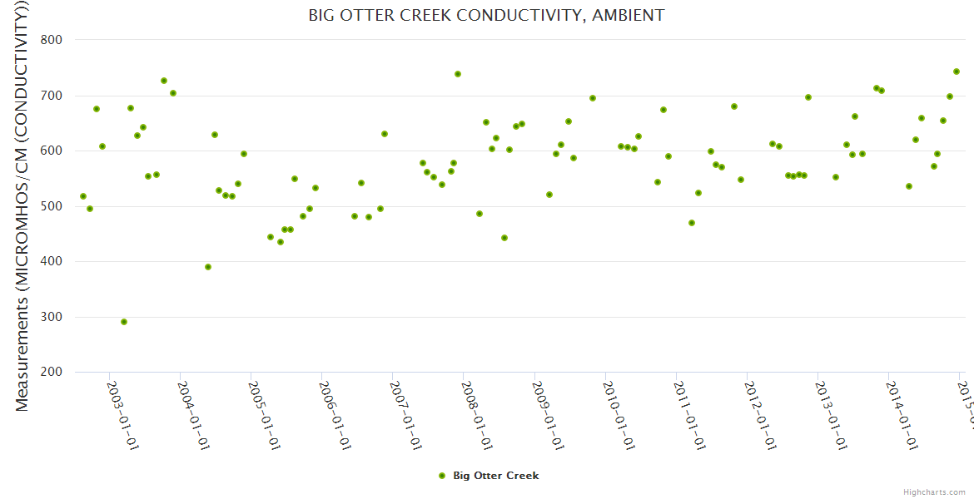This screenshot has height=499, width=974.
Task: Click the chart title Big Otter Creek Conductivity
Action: [486, 16]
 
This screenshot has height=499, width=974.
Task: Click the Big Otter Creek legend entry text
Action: [496, 476]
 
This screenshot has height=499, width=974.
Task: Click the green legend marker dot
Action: [442, 476]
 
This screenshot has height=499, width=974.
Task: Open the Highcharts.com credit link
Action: [935, 492]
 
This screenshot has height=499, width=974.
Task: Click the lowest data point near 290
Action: [124, 322]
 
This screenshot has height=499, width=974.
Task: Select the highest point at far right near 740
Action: [957, 72]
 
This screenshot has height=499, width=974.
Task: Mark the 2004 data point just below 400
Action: [208, 267]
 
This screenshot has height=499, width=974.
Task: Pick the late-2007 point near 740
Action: [458, 74]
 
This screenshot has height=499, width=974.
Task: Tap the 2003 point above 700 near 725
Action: [164, 81]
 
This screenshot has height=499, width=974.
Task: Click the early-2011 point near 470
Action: [692, 223]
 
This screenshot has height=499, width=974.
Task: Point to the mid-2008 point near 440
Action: [504, 238]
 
